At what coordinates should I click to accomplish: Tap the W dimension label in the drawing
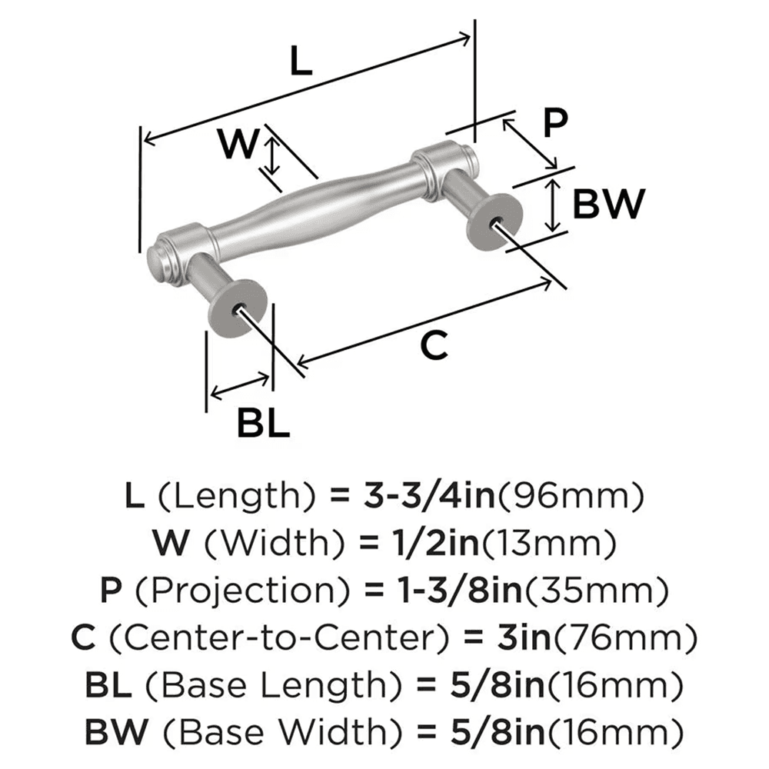tap(236, 143)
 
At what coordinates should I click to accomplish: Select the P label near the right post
tap(553, 122)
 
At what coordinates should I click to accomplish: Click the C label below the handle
tap(434, 347)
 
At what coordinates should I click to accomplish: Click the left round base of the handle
tap(241, 309)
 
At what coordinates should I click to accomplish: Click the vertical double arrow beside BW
tap(552, 204)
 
